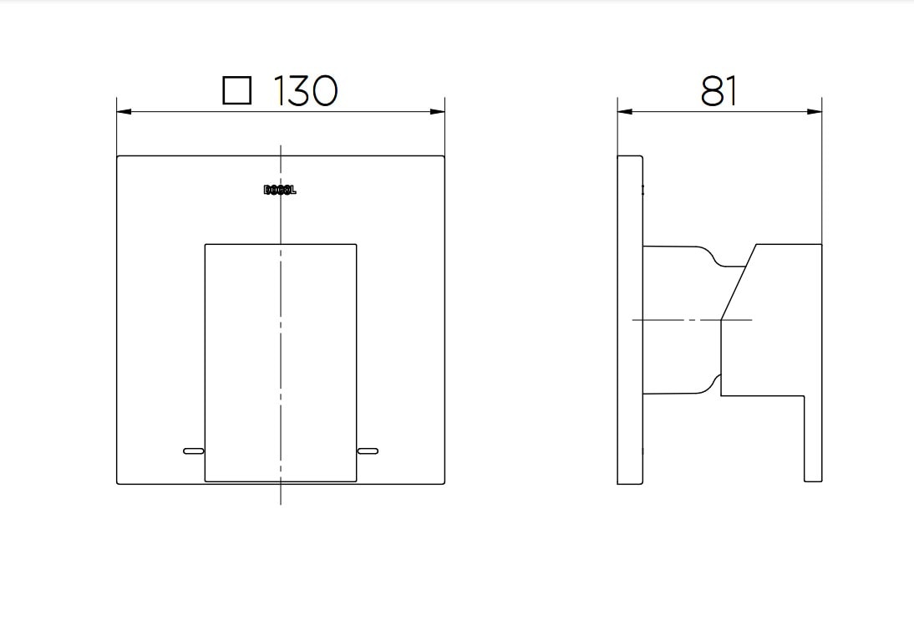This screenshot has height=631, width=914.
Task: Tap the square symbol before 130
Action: click(237, 90)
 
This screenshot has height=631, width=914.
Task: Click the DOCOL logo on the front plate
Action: click(280, 190)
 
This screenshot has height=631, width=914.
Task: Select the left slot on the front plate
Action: click(193, 451)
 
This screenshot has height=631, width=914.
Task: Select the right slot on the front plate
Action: click(368, 451)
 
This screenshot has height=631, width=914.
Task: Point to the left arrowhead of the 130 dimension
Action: click(123, 111)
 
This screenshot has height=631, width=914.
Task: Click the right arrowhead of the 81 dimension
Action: click(816, 111)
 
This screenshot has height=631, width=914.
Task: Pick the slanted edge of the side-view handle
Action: click(739, 282)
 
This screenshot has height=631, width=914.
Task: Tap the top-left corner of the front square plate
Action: click(117, 156)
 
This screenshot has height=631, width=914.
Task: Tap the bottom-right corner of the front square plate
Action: click(444, 484)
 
